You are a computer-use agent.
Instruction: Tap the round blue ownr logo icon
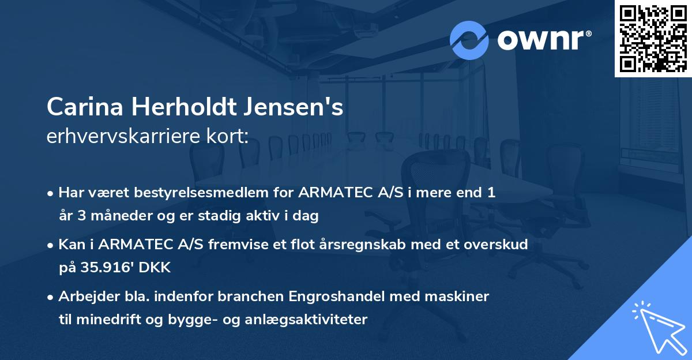pyautogui.click(x=469, y=40)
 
